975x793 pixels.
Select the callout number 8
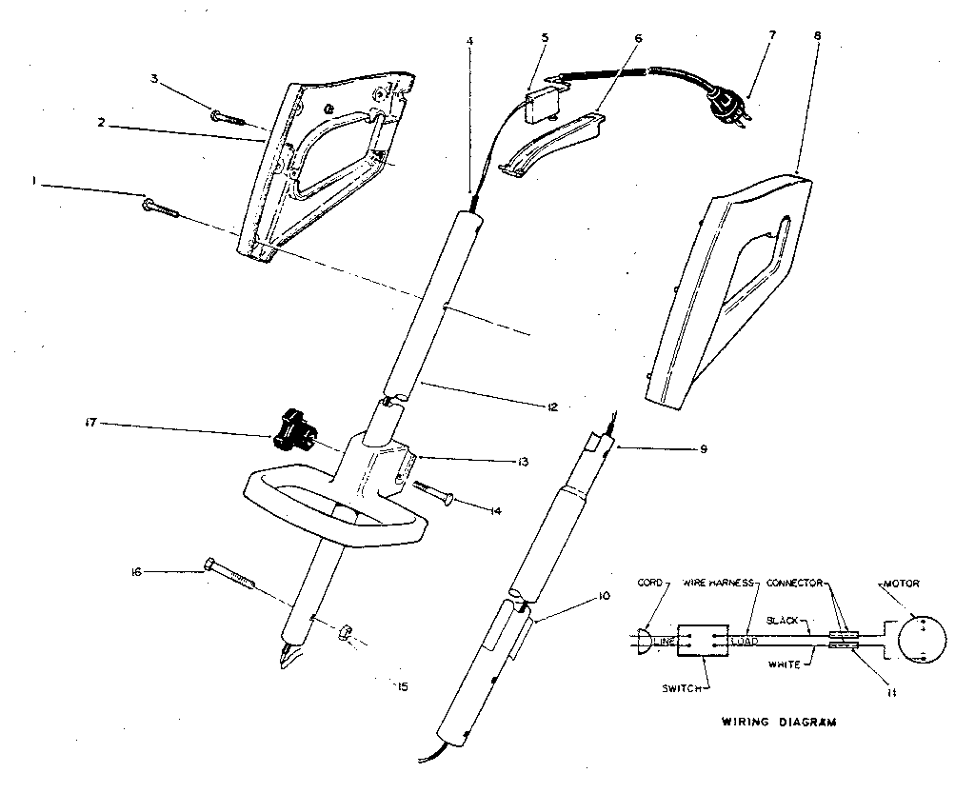(x=817, y=35)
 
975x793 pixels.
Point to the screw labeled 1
(x=160, y=206)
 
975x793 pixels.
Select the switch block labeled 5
(x=541, y=101)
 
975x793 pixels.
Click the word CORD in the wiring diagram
(x=649, y=582)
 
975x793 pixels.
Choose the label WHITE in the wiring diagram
(x=783, y=664)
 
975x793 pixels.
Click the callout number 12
(x=551, y=406)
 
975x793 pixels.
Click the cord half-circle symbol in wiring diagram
(x=644, y=640)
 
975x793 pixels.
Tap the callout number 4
(x=468, y=42)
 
